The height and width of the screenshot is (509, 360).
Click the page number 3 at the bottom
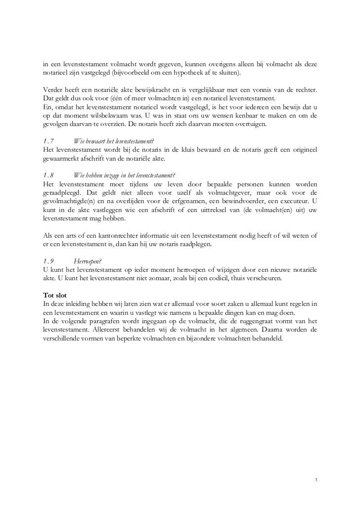(x=316, y=480)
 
